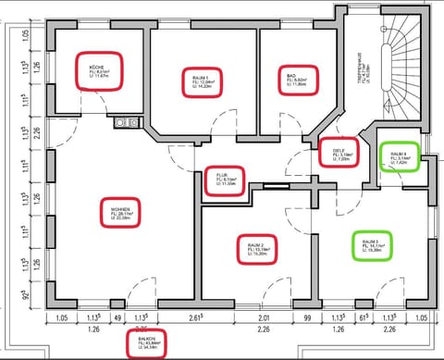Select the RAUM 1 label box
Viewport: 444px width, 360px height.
click(x=203, y=81)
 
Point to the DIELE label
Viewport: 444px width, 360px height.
click(x=338, y=152)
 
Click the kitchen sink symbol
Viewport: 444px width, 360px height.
click(x=126, y=121)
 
